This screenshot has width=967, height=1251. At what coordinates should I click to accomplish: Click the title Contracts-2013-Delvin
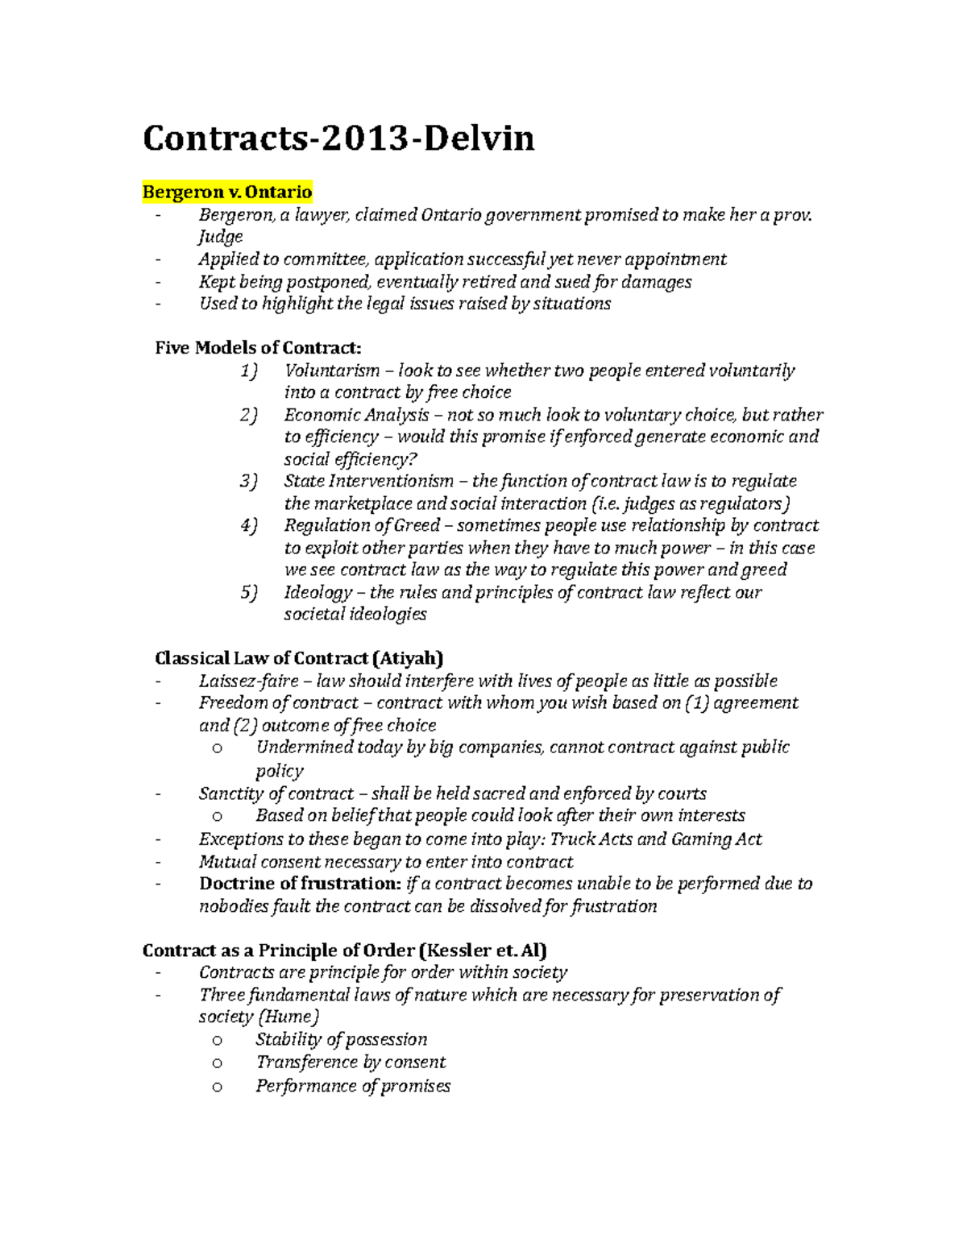pyautogui.click(x=338, y=139)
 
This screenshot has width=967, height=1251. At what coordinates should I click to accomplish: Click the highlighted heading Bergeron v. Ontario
pyautogui.click(x=226, y=193)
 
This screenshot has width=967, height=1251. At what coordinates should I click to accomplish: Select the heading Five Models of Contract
pyautogui.click(x=258, y=348)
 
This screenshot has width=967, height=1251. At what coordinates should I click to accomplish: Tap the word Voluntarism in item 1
pyautogui.click(x=331, y=371)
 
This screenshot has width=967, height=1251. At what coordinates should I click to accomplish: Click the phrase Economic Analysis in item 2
pyautogui.click(x=356, y=415)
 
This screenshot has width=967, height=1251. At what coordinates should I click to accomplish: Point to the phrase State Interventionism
pyautogui.click(x=368, y=482)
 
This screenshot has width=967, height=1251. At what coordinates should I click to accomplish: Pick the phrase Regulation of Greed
pyautogui.click(x=362, y=526)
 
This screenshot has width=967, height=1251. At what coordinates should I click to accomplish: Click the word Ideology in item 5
pyautogui.click(x=317, y=593)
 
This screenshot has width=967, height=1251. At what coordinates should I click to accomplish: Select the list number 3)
pyautogui.click(x=248, y=482)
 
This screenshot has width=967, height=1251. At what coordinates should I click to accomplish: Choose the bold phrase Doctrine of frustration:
pyautogui.click(x=300, y=884)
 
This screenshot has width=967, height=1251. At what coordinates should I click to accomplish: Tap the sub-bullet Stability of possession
pyautogui.click(x=341, y=1040)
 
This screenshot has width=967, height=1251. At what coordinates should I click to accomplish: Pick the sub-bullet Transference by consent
pyautogui.click(x=351, y=1063)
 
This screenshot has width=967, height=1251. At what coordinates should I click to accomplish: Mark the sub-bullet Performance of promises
pyautogui.click(x=353, y=1086)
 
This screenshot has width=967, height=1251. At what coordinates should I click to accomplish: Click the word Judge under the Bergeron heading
pyautogui.click(x=220, y=237)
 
